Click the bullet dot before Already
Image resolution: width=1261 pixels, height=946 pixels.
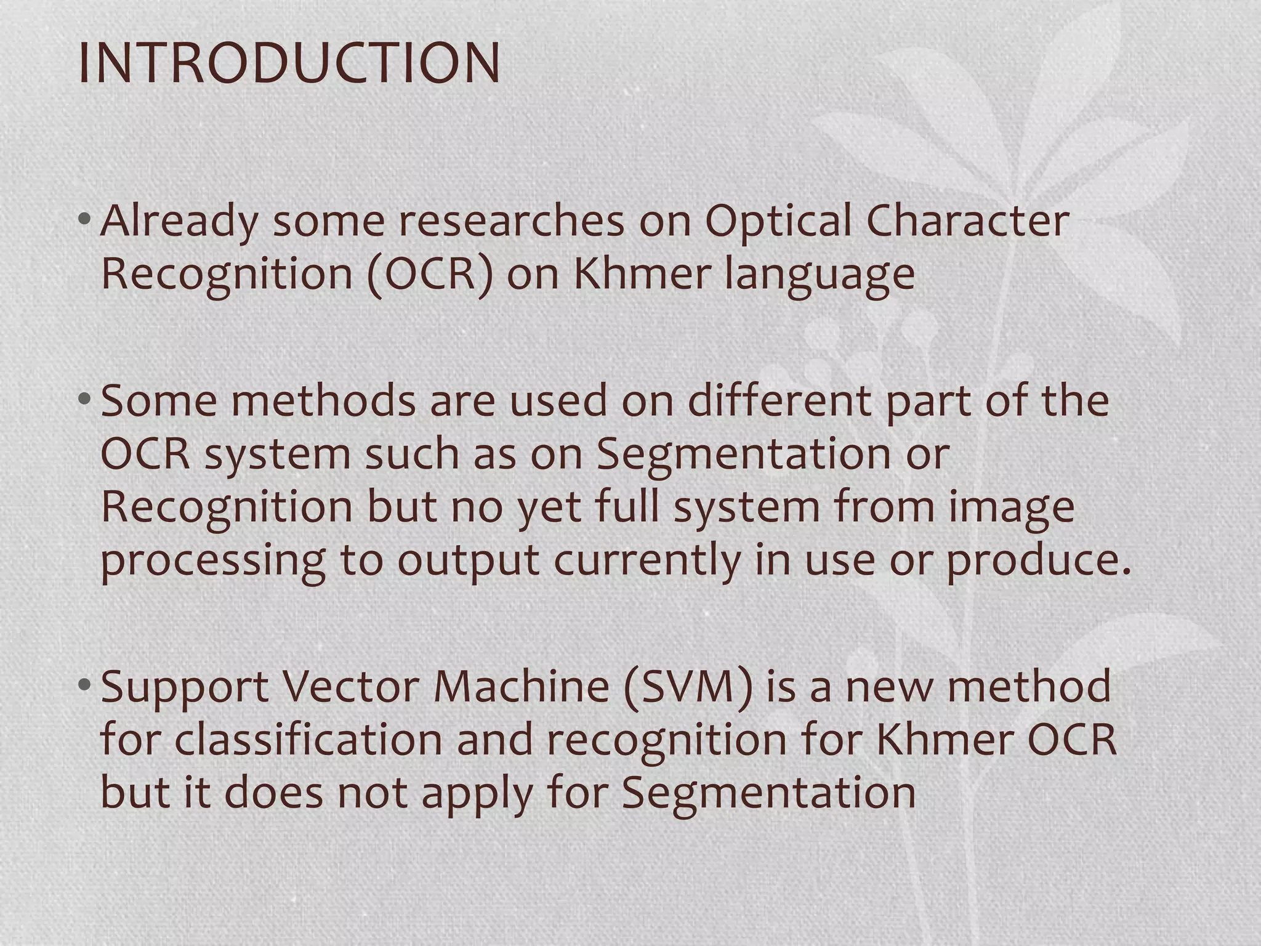[x=86, y=219]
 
